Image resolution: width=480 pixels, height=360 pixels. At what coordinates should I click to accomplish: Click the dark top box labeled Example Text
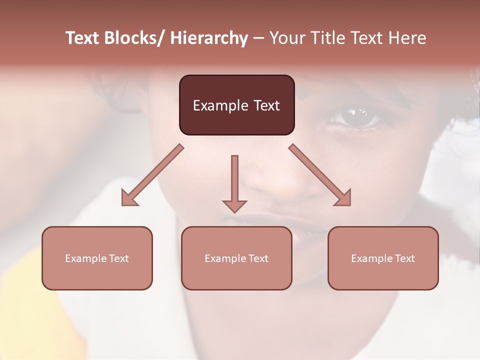[236, 105]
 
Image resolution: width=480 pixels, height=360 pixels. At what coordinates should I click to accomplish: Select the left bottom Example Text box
[97, 258]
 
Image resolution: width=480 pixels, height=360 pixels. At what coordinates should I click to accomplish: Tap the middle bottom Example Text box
[236, 258]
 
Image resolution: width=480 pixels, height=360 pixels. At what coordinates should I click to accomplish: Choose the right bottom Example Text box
[383, 258]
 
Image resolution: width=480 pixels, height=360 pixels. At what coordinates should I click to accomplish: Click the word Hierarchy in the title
[208, 38]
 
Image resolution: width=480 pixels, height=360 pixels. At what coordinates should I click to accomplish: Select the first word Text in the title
[83, 38]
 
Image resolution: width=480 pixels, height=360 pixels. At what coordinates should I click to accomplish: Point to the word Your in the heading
[286, 38]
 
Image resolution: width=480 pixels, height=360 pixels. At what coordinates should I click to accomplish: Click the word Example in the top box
[220, 105]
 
